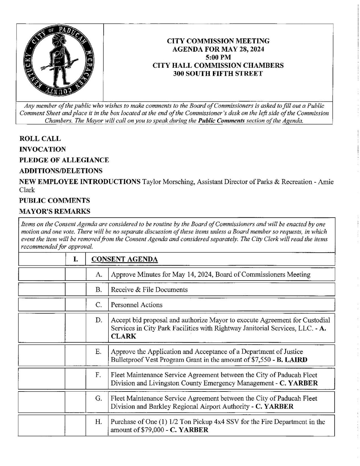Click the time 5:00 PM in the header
point(218,57)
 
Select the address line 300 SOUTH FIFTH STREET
point(218,74)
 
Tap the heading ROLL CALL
point(40,139)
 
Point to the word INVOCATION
point(42,149)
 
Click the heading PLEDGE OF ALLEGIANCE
point(64,160)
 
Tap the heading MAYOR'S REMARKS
point(55,211)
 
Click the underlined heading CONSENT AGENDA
point(125,259)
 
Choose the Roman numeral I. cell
point(75,259)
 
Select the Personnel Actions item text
point(137,305)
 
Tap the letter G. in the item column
point(98,398)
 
